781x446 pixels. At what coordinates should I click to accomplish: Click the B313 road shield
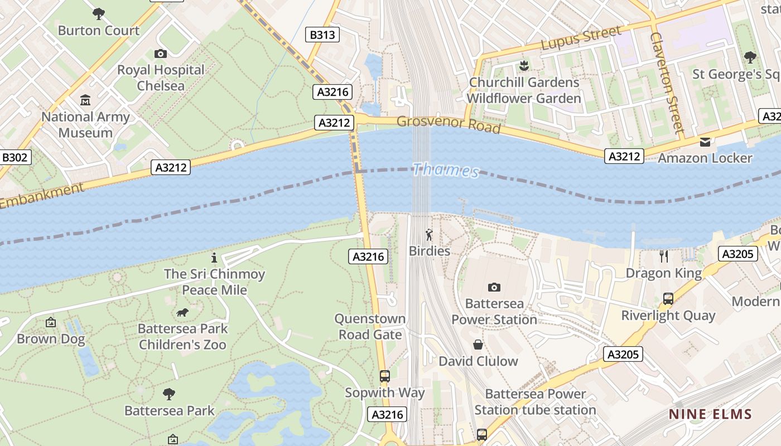coord(322,35)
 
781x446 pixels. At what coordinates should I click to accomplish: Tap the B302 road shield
coord(15,158)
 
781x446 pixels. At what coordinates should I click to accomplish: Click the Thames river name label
coord(446,170)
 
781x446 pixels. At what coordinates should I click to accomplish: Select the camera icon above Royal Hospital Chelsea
coord(161,54)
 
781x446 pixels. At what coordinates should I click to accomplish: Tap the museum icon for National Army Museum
coord(85,100)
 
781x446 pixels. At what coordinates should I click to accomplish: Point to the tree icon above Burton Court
coord(99,13)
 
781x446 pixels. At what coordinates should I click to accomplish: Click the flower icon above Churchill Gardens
coord(523,66)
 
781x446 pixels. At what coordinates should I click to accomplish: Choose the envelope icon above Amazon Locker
coord(705,142)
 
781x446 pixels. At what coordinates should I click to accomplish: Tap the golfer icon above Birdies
coord(429,235)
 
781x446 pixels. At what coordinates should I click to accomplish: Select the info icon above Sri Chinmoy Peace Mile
coord(214,258)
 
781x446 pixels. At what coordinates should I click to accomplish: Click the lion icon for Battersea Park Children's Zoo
coord(182,312)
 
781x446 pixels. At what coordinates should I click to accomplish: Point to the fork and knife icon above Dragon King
coord(663,256)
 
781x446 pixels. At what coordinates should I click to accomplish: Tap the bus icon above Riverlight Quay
coord(668,299)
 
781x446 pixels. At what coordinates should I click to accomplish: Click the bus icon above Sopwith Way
coord(384,376)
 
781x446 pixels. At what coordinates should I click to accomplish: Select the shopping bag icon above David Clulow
coord(478,345)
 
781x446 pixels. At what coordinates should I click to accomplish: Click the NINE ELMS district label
coord(710,414)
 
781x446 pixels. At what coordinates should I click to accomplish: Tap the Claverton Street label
coord(667,83)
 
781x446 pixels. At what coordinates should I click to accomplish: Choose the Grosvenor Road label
coord(448,124)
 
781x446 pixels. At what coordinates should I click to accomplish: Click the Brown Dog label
coord(51,339)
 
